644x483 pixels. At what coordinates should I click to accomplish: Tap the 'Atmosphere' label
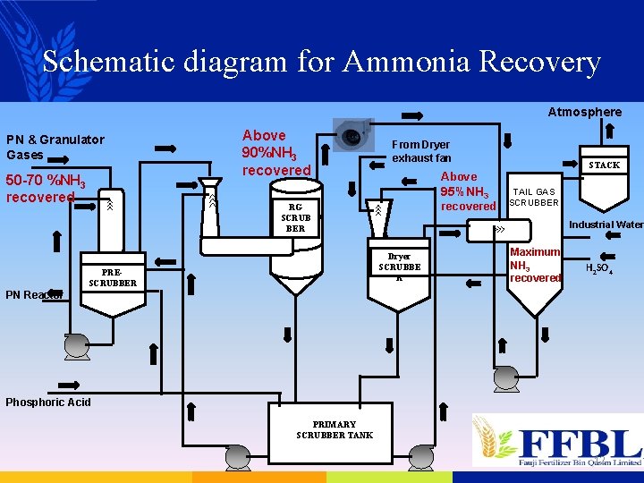[x=584, y=112]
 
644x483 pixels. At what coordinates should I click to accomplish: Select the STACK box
[x=604, y=165]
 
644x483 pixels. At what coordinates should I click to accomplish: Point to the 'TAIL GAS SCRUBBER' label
[x=534, y=197]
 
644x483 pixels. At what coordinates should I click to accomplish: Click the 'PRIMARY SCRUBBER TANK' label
[x=335, y=429]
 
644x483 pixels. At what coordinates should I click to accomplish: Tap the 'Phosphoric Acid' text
[x=48, y=402]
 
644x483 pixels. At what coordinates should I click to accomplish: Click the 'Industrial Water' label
[x=606, y=225]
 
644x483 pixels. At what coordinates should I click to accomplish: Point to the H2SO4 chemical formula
[x=598, y=268]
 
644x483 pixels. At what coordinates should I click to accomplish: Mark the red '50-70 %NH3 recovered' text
[x=45, y=189]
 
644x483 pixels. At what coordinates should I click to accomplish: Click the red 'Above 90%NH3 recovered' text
[x=275, y=152]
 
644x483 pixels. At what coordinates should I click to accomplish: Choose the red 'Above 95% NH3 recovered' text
[x=466, y=191]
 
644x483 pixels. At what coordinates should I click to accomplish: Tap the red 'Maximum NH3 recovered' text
[x=535, y=265]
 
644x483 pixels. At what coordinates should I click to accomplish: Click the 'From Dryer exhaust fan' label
[x=421, y=151]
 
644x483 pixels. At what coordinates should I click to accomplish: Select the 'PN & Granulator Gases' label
[x=55, y=147]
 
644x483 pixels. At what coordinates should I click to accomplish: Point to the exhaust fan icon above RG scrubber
[x=352, y=135]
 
